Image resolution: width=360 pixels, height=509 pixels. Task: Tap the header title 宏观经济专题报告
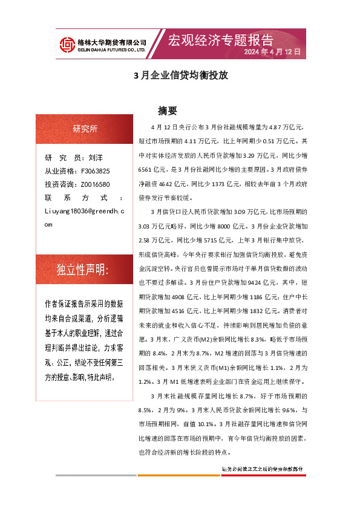pyautogui.click(x=220, y=40)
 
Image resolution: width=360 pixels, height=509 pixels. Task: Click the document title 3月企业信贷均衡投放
pyautogui.click(x=180, y=77)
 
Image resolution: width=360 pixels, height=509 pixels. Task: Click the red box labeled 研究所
pyautogui.click(x=85, y=128)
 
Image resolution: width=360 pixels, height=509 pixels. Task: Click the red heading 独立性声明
pyautogui.click(x=82, y=270)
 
